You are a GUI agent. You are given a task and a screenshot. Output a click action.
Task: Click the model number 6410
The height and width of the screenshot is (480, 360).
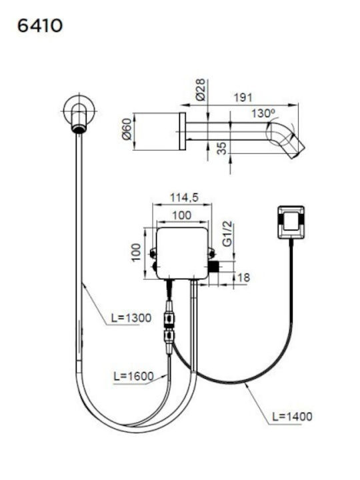click(x=40, y=26)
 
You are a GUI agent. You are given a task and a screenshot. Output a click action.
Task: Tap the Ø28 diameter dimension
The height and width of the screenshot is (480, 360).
click(x=200, y=90)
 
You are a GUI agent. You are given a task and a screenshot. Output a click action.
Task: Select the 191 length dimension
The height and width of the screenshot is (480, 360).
click(x=243, y=97)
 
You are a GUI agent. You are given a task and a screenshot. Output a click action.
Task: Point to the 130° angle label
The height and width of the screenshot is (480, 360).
click(x=263, y=113)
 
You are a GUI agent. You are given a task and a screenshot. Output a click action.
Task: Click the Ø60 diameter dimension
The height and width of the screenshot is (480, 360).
click(x=127, y=129)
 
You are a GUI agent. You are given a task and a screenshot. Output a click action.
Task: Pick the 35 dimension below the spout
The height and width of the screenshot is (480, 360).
click(x=223, y=148)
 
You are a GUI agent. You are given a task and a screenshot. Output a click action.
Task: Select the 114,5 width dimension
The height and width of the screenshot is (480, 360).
click(x=184, y=197)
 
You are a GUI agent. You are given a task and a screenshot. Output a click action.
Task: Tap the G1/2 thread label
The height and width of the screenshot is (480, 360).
click(x=227, y=233)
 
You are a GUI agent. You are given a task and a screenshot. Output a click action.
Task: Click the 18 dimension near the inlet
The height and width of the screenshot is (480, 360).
click(x=243, y=277)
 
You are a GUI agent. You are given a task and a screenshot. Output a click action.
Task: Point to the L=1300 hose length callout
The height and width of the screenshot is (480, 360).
click(x=131, y=318)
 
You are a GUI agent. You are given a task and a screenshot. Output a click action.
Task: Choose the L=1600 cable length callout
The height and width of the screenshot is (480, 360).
click(x=133, y=376)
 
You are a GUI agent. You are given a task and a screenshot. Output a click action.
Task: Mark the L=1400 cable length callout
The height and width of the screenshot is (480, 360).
click(x=293, y=416)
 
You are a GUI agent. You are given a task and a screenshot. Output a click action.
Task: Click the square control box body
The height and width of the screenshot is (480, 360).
click(x=182, y=253)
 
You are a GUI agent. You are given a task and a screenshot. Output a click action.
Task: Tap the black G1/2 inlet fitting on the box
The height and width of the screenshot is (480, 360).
click(x=214, y=267)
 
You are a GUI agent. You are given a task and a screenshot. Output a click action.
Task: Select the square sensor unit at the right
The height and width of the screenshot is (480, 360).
click(x=291, y=222)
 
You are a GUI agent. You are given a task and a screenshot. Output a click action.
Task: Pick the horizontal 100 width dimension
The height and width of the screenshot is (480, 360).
click(x=182, y=215)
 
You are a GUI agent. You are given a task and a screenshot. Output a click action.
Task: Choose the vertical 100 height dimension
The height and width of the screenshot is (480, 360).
click(x=136, y=252)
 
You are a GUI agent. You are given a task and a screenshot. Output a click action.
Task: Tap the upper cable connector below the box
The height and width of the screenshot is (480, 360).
click(x=169, y=319)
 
